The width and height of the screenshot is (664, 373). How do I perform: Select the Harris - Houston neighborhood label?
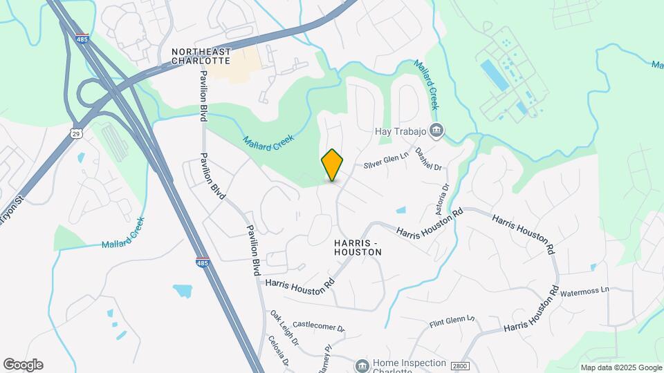point(358,248)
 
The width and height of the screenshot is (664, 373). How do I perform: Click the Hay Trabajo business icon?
point(436,129)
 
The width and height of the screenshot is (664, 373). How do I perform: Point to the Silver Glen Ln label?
point(387,161)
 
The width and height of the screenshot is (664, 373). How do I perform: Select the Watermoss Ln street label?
point(584,291)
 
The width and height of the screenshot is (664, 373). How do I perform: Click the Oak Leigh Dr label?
point(284,328)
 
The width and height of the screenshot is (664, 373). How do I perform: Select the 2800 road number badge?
point(459,365)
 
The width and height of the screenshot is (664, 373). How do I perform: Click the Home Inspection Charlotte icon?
point(361,365)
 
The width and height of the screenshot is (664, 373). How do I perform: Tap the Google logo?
point(23,364)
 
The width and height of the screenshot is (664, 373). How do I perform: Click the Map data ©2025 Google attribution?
point(621,367)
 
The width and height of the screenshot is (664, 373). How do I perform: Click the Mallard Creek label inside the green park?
point(268,138)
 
